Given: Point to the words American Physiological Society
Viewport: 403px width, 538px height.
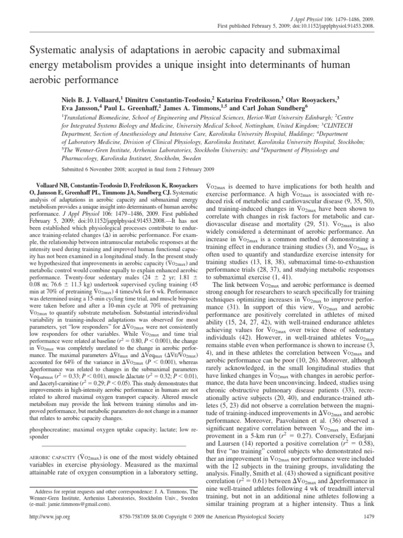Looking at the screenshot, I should [x=313, y=531].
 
